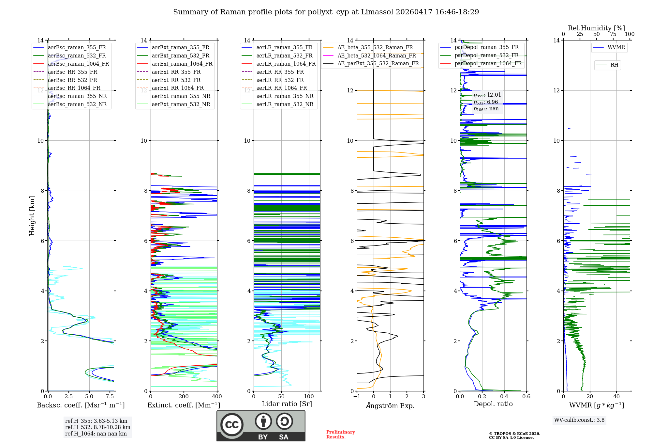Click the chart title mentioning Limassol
tap(326, 12)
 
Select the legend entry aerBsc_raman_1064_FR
tap(78, 64)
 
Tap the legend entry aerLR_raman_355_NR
tap(285, 96)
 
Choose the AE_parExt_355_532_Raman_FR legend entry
tap(378, 63)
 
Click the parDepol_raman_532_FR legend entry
tap(486, 55)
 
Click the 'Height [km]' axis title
tap(32, 215)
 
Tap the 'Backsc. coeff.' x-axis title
tap(81, 405)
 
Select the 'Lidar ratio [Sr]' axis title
tap(287, 404)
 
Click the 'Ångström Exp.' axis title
tap(390, 405)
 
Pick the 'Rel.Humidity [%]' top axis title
tap(596, 28)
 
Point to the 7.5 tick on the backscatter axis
tap(110, 397)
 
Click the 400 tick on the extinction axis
tap(217, 397)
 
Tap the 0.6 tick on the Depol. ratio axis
tap(526, 397)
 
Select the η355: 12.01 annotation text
tap(487, 95)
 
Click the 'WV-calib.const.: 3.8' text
tap(579, 420)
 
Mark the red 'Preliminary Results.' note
tap(340, 435)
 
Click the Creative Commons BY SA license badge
tap(261, 426)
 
